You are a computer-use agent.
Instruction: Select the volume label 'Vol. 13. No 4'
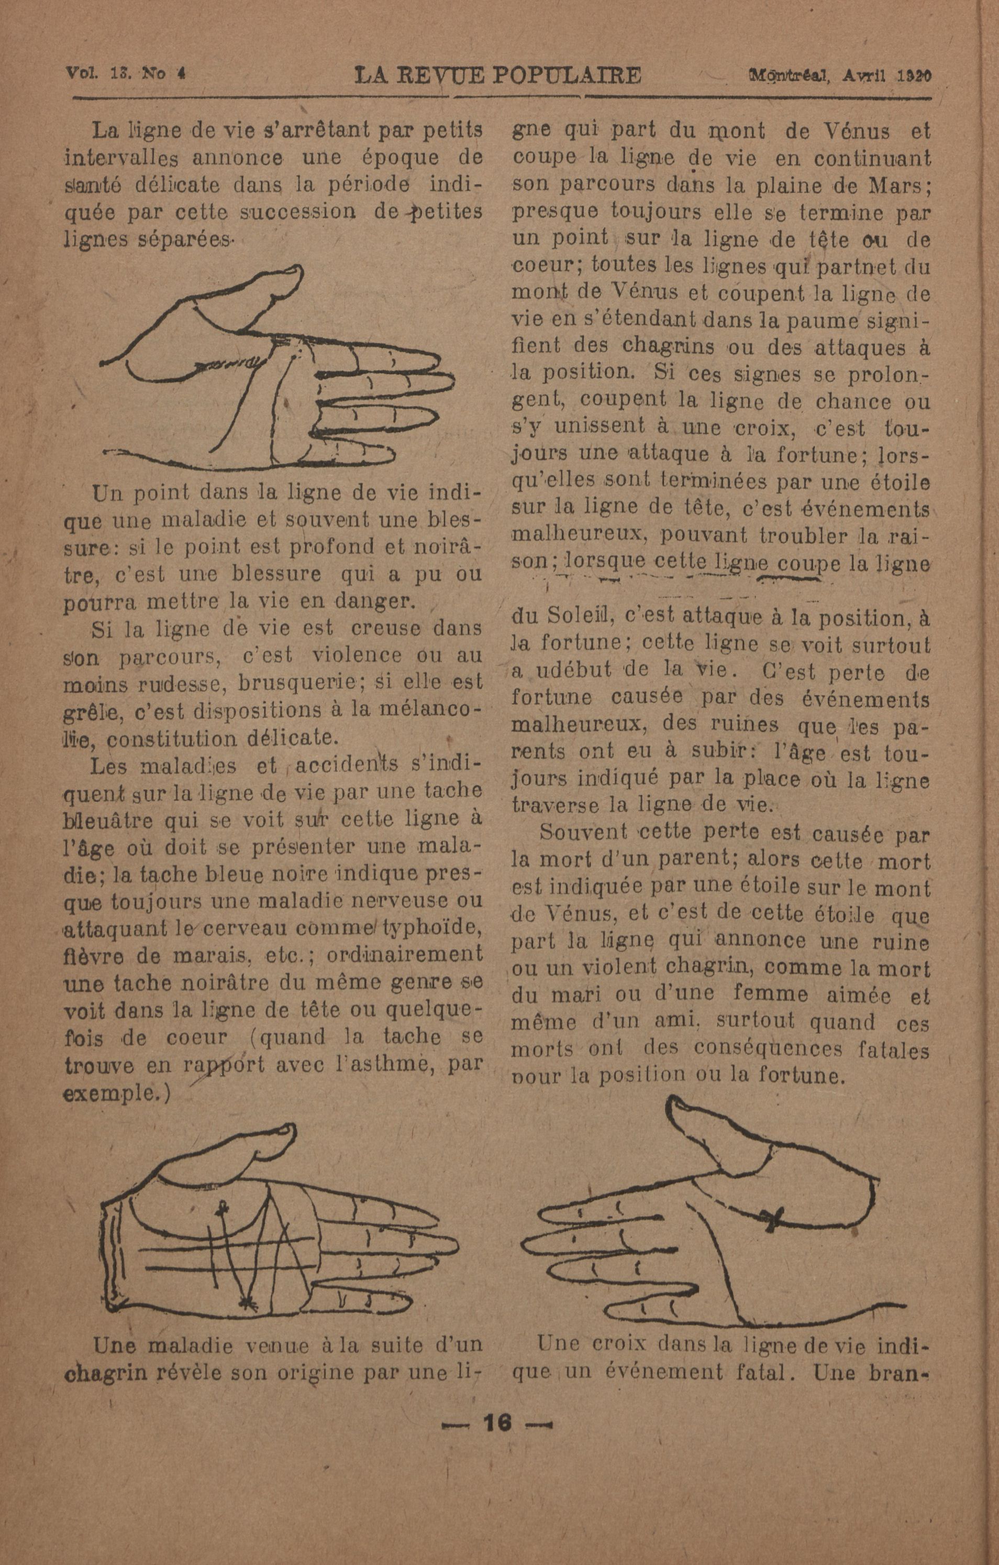point(125,73)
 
